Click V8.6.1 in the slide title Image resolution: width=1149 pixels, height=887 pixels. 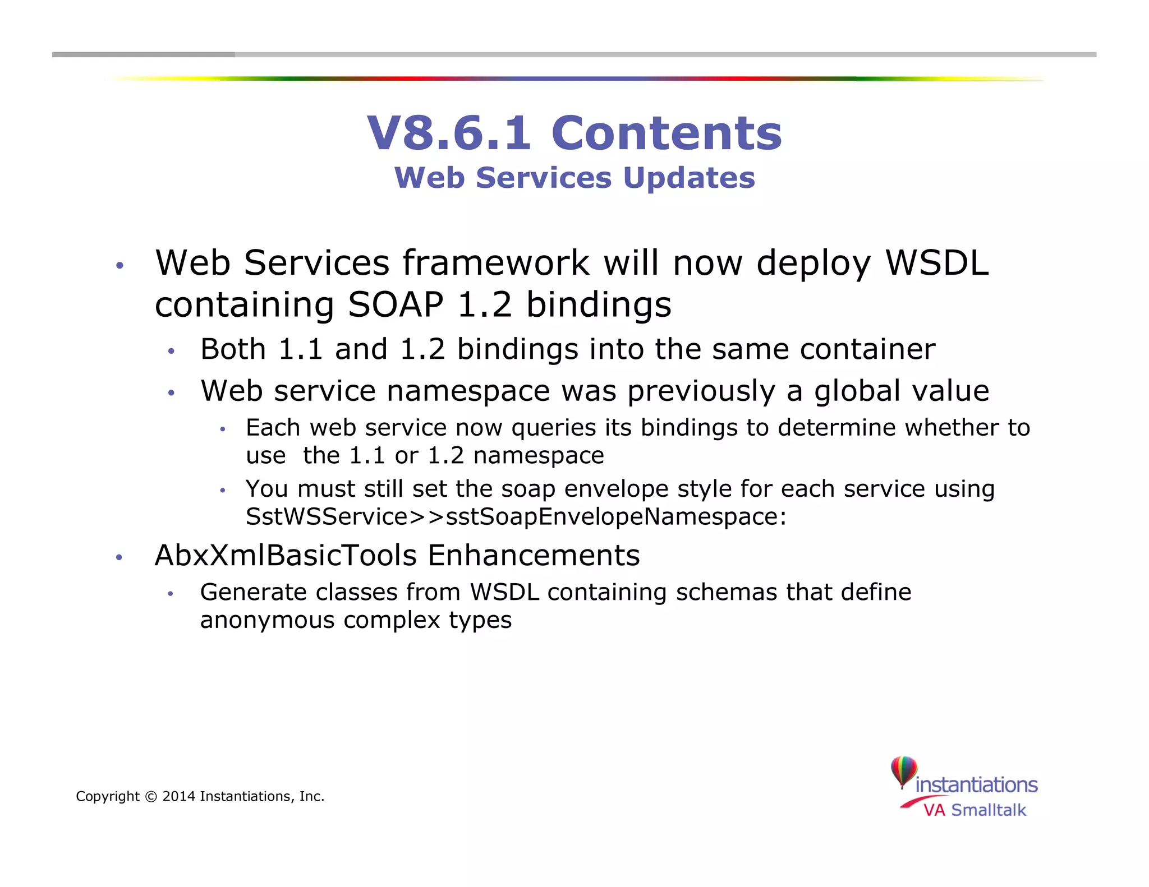[448, 133]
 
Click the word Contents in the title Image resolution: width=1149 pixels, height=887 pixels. [667, 133]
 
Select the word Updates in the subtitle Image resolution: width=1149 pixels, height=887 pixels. [689, 178]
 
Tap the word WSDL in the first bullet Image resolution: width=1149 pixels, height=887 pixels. [936, 262]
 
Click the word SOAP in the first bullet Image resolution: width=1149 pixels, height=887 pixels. [396, 304]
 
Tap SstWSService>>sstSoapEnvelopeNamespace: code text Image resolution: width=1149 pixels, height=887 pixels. [516, 516]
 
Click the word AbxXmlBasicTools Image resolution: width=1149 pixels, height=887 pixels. [286, 556]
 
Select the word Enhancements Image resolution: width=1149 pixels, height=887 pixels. [533, 556]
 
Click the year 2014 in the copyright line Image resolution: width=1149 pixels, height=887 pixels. [178, 796]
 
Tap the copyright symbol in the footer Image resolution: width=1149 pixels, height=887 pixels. [151, 796]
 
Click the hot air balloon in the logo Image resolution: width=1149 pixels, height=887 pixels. [903, 771]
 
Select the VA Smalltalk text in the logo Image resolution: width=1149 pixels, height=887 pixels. [975, 810]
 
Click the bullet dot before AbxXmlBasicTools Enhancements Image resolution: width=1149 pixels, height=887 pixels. [119, 557]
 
